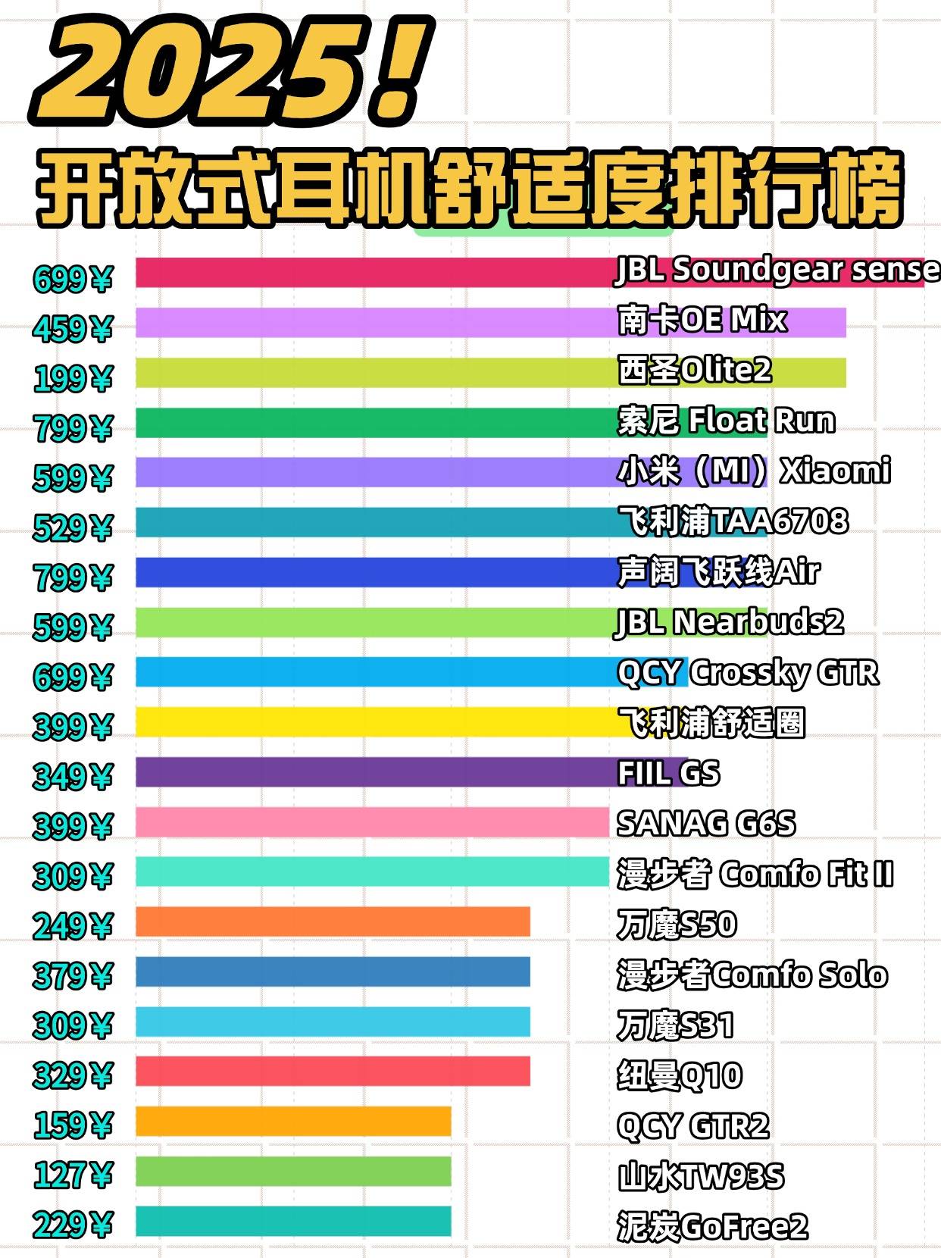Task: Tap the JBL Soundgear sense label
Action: point(777,271)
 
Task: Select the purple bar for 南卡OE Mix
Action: point(379,323)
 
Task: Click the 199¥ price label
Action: point(73,378)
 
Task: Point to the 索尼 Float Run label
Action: point(726,421)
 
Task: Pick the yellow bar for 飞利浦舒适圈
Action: point(379,722)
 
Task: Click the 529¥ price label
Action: point(73,528)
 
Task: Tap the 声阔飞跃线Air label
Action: point(718,571)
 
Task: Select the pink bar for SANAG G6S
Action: point(371,822)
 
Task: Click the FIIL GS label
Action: point(668,773)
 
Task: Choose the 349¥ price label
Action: point(73,777)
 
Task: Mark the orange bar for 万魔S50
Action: point(333,922)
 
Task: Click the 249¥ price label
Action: point(73,926)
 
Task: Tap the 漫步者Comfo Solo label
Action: point(752,975)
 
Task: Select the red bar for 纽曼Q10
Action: point(333,1072)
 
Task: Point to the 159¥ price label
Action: point(73,1125)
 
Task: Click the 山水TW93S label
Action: point(701,1176)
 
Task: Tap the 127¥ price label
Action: point(73,1175)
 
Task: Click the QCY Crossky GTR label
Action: point(748,672)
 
